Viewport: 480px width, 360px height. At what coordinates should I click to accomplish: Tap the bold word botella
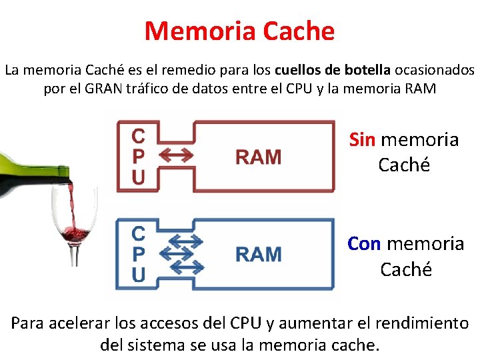pos(367,69)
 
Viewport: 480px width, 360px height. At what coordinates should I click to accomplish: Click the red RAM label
pos(258,157)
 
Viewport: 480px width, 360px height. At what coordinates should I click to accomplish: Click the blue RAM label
pos(258,255)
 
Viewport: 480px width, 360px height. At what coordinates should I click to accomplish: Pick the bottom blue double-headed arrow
pos(186,268)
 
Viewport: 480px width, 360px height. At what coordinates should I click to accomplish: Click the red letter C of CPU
pos(138,137)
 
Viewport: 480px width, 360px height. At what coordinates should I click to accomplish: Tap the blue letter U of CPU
pos(138,275)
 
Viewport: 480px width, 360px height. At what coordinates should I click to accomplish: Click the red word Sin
pos(363,140)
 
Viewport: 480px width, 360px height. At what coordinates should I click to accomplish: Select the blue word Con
pos(364,244)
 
